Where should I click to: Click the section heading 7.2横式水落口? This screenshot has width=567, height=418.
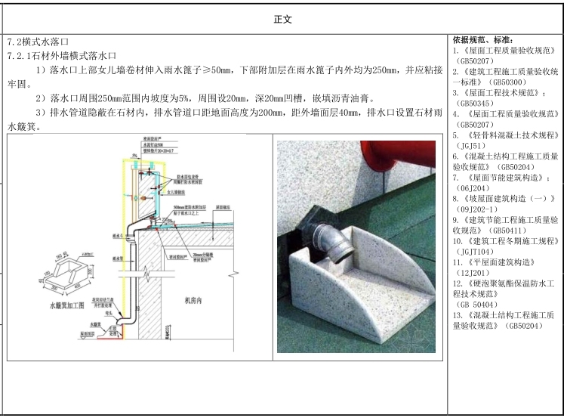[x=38, y=43]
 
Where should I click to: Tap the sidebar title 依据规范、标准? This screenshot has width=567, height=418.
[x=482, y=39]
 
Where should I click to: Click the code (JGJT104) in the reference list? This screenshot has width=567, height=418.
[x=475, y=252]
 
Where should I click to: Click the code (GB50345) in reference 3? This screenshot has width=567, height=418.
[x=476, y=103]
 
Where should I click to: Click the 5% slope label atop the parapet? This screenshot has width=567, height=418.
[x=134, y=156]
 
